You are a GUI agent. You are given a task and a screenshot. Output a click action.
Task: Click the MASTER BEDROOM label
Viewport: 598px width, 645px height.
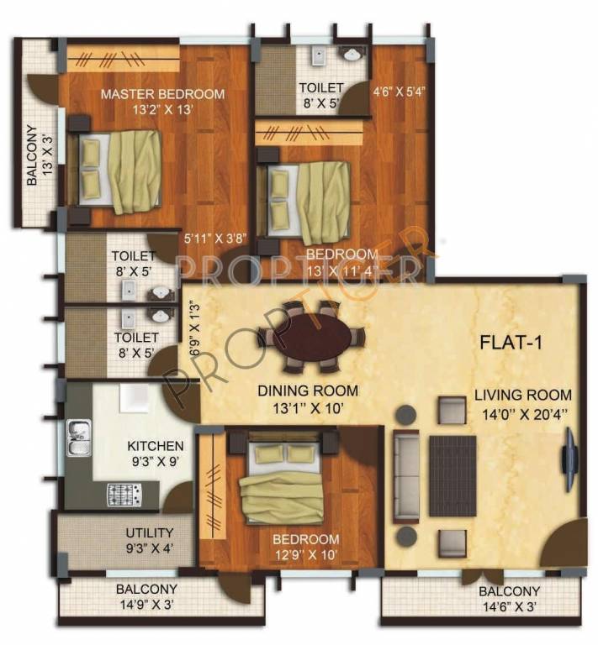162,94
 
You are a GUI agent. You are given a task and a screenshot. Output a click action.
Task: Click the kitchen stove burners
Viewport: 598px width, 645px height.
124,494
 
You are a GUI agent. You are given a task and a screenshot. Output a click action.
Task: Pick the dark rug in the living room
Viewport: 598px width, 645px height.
452,476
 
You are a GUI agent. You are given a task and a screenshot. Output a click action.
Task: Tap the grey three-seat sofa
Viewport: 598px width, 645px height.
407,475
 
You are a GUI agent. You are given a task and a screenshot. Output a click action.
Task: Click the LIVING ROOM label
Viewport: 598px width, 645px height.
522,394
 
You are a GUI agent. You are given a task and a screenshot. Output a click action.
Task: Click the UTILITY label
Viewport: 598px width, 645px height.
150,532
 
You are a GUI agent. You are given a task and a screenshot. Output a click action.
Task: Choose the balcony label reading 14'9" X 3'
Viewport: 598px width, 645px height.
147,605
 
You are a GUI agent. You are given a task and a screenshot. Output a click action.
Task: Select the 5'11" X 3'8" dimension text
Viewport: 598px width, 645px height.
215,238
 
